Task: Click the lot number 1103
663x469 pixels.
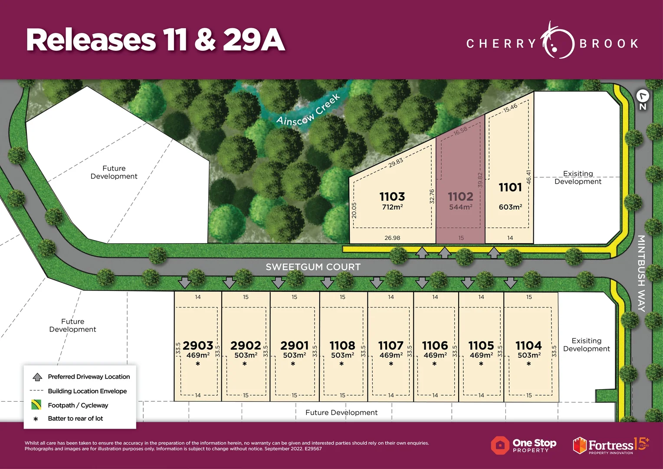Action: tap(392, 197)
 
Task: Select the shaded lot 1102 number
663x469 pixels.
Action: tap(460, 197)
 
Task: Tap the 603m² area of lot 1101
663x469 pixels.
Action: tap(510, 207)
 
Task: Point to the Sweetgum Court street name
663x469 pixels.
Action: tap(313, 267)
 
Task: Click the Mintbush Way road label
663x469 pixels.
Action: tap(641, 273)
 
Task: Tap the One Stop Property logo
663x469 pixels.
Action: tap(524, 445)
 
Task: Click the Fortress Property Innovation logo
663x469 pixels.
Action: tap(610, 445)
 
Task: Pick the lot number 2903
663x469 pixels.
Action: tap(198, 346)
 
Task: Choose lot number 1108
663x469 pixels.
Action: tap(342, 346)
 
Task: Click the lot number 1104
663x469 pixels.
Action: tap(528, 346)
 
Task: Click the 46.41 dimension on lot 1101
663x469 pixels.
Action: tap(528, 177)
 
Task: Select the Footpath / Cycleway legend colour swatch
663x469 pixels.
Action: tap(36, 405)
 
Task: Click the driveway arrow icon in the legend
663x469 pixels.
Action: tap(37, 377)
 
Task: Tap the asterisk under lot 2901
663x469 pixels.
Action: tap(293, 364)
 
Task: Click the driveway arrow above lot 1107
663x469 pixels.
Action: tap(377, 283)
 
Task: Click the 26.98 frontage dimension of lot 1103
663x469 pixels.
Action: tap(392, 238)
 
